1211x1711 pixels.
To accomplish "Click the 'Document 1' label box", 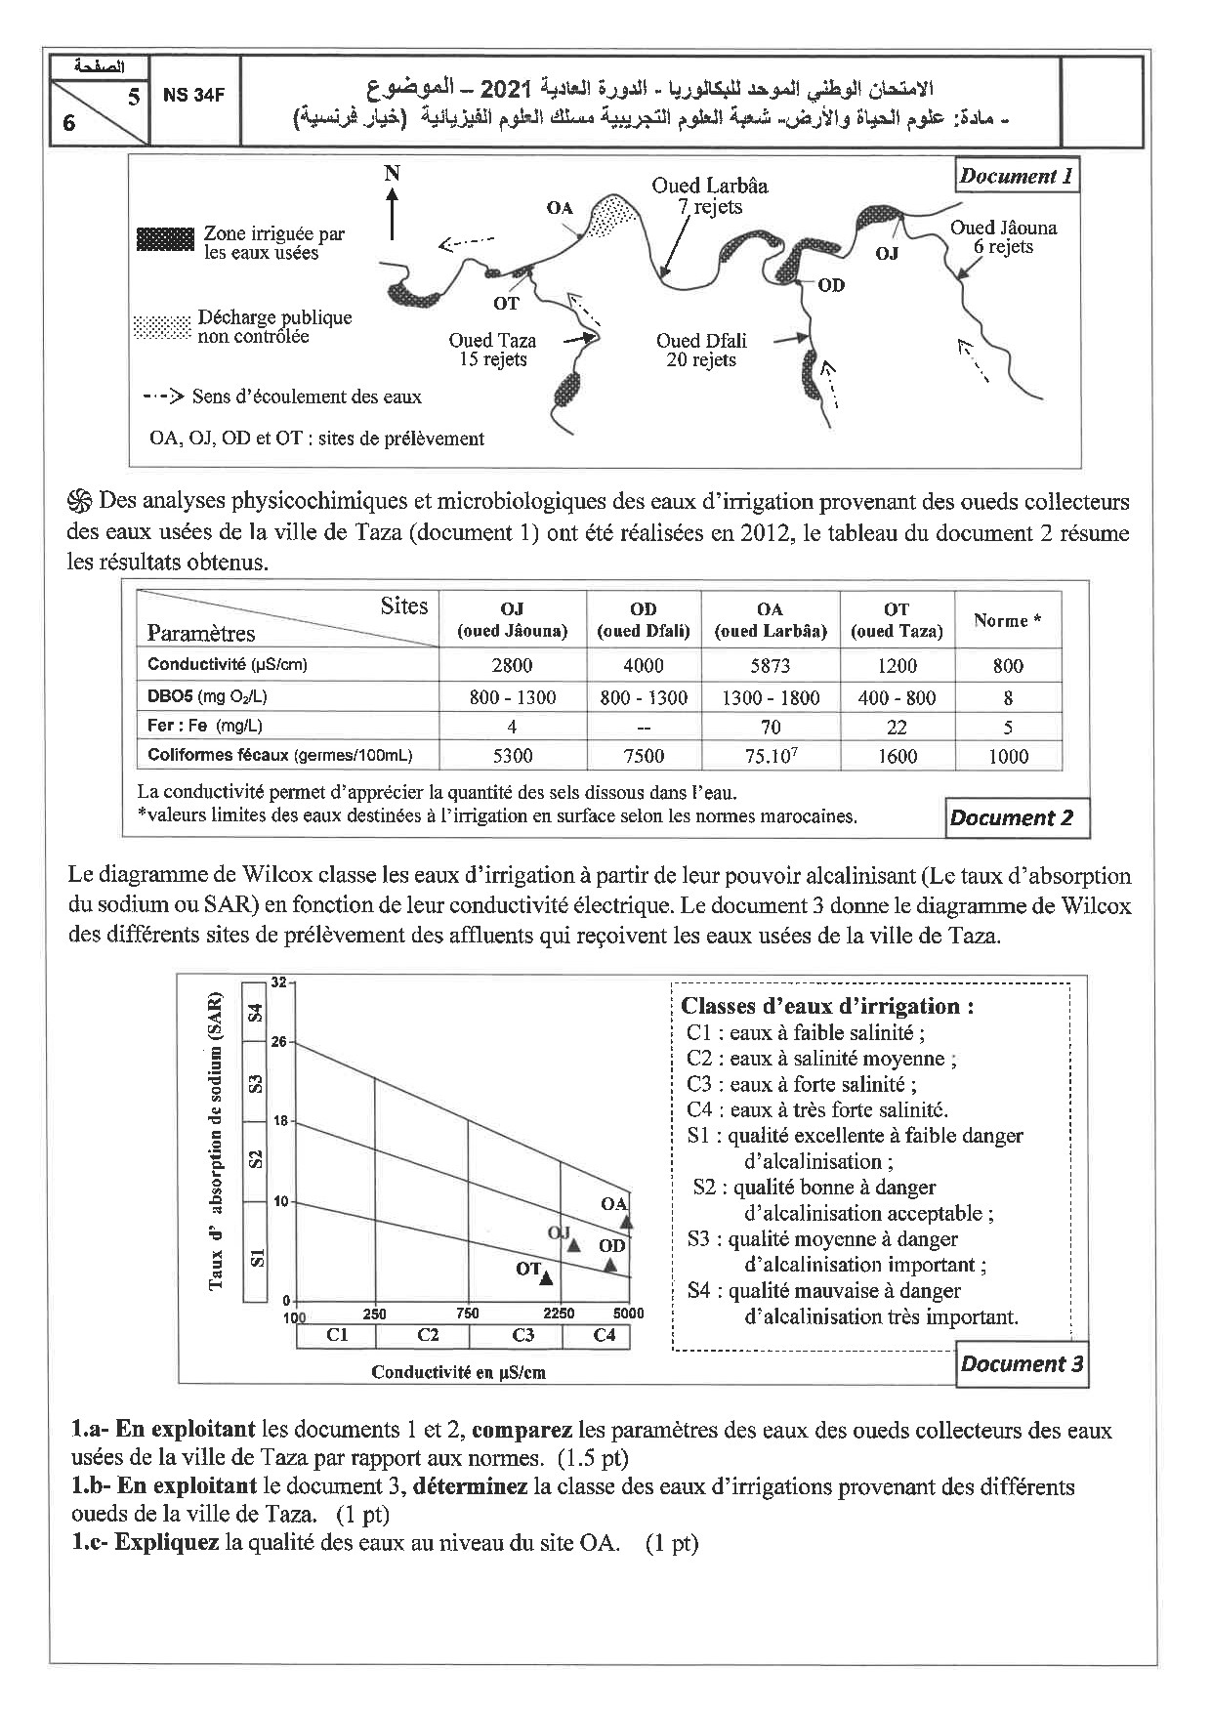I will (1016, 177).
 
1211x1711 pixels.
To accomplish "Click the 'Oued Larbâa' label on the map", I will (710, 186).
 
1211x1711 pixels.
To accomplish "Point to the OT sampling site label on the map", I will (506, 304).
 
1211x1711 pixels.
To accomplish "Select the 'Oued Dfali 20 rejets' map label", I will (701, 350).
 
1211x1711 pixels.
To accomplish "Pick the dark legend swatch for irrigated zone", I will (165, 238).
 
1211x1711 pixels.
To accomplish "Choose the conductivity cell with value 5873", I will (771, 666).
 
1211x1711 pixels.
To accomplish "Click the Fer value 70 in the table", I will (771, 727).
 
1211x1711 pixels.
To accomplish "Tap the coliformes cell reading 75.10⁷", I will (771, 756).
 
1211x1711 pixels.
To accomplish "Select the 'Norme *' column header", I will (1007, 620).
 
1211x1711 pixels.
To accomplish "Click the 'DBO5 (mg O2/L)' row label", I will (207, 696).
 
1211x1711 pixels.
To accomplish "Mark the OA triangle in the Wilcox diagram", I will (627, 1222).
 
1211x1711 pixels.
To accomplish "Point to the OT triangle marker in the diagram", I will (546, 1277).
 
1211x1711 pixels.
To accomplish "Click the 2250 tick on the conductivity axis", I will (560, 1314).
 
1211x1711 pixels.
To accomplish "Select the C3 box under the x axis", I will (522, 1334).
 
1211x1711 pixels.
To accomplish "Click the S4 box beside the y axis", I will (255, 1012).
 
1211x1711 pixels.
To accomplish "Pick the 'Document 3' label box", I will (1022, 1364).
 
